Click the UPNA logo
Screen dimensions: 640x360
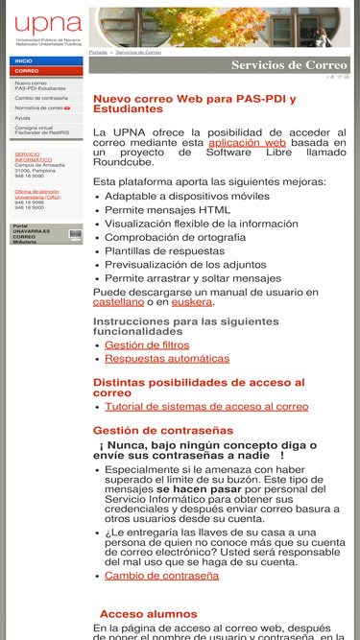tap(47, 28)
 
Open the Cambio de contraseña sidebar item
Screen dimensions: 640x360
tap(41, 98)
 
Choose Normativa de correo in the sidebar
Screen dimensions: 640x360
tap(39, 108)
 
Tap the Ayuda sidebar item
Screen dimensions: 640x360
tap(22, 118)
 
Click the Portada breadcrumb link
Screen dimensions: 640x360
tap(98, 52)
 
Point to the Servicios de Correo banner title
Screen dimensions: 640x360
tap(289, 65)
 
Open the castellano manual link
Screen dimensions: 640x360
tap(118, 301)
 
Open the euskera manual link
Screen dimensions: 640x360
tap(192, 301)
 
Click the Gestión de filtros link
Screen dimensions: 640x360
tap(147, 344)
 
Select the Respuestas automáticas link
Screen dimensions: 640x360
tap(167, 359)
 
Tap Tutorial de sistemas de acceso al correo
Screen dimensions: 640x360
tap(206, 407)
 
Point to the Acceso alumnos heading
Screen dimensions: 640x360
tap(148, 614)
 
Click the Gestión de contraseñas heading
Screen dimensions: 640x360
tap(163, 430)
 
